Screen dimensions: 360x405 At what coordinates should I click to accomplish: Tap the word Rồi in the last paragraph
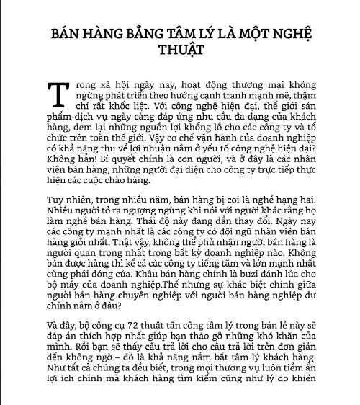75,361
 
